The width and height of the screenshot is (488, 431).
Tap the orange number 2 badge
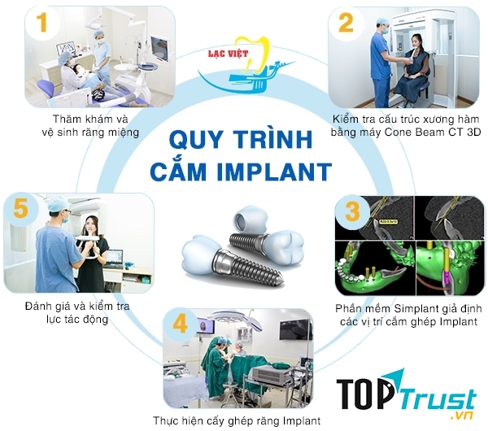[x=346, y=23]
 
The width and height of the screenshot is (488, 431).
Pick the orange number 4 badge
[x=181, y=323]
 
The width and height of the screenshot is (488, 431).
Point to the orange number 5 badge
[x=22, y=209]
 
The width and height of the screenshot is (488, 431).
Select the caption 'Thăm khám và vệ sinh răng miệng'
[x=89, y=125]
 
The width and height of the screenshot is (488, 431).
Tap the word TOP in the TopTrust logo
[x=367, y=393]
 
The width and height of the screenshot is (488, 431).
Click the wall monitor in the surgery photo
[x=294, y=329]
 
